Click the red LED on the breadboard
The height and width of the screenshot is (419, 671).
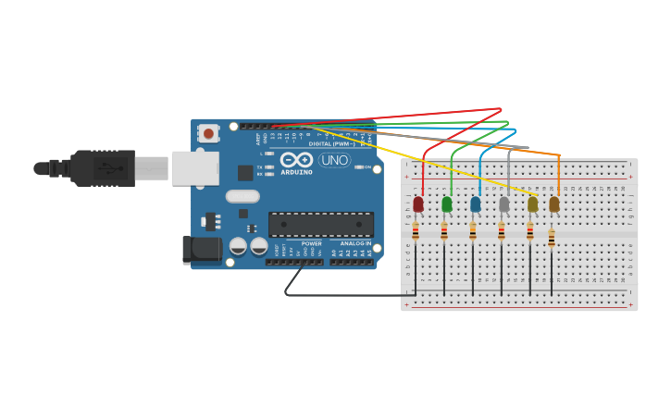coord(418,203)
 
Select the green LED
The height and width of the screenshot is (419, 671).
coord(447,203)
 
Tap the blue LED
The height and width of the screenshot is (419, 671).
coord(476,203)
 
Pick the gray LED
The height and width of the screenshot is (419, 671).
coord(504,204)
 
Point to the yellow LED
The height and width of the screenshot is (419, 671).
coord(532,204)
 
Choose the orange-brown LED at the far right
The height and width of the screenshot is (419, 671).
coord(554,204)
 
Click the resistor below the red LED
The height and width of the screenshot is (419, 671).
coord(416,231)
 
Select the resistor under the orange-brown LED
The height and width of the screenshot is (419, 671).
coord(552,239)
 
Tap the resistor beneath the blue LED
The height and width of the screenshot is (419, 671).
coord(473,231)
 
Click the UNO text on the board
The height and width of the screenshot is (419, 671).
coord(334,160)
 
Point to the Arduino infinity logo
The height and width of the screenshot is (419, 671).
coord(296,160)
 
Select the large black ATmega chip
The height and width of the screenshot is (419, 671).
coord(321,224)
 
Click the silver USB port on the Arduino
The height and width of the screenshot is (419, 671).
coord(195,168)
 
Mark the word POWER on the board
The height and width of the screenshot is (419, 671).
coord(311,244)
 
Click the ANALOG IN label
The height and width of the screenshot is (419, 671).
coord(355,244)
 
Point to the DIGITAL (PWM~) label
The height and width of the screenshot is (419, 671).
coord(331,144)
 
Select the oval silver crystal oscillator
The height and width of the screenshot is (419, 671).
coord(242,196)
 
